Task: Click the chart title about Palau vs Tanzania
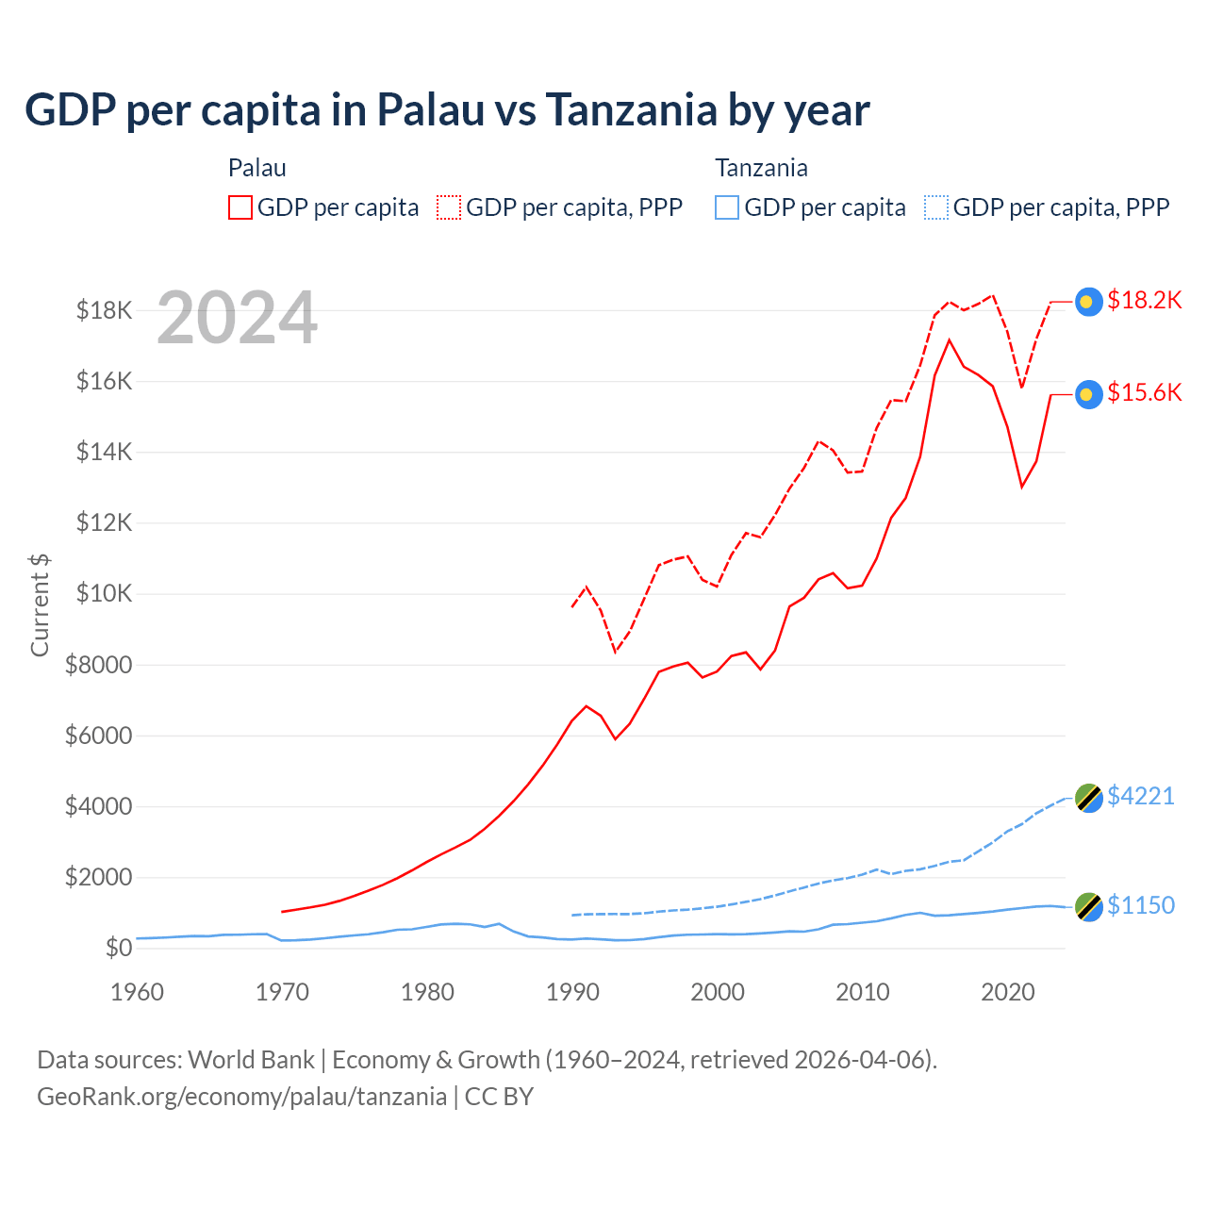(x=447, y=110)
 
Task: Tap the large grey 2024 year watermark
(x=237, y=319)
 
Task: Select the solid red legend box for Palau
(x=240, y=207)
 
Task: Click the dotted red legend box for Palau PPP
(x=449, y=207)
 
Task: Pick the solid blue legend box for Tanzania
(x=727, y=207)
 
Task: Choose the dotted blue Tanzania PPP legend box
(x=936, y=207)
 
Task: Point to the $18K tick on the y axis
(x=104, y=310)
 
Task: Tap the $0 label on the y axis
(x=118, y=948)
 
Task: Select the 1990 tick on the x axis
(x=572, y=992)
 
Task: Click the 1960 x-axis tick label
(x=138, y=992)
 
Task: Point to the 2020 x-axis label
(x=1008, y=992)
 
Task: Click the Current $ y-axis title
(x=40, y=604)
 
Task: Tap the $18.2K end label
(x=1144, y=300)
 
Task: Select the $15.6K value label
(x=1144, y=392)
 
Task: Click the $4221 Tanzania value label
(x=1141, y=796)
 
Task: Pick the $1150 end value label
(x=1141, y=905)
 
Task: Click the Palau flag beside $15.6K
(x=1089, y=394)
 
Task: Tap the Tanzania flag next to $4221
(x=1089, y=798)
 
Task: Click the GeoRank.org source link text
(x=241, y=1097)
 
